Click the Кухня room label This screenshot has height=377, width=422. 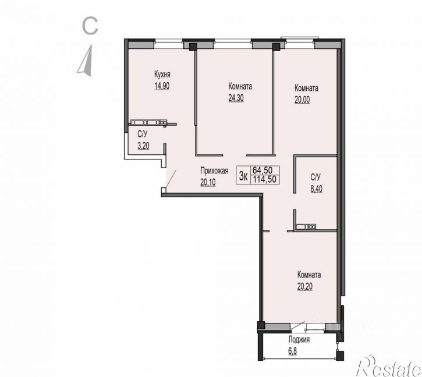point(162,74)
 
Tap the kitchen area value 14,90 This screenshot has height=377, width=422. point(162,86)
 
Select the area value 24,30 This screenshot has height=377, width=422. point(236,98)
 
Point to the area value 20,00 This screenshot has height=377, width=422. point(302,100)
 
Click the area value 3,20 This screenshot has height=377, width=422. point(143,146)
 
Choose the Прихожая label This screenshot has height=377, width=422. point(214,171)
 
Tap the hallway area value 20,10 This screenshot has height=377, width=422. point(208,183)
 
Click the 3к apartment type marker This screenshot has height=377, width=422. point(243,176)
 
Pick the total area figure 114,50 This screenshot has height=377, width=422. point(265,179)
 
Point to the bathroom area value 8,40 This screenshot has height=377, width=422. point(317,189)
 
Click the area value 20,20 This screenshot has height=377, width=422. point(305,287)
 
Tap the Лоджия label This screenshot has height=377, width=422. point(299,340)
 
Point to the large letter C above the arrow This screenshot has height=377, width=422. point(90,26)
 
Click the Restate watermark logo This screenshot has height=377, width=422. point(389,366)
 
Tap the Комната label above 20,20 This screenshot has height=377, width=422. point(309,275)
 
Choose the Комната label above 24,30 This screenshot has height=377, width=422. point(240,87)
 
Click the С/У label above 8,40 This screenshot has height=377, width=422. point(315,177)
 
